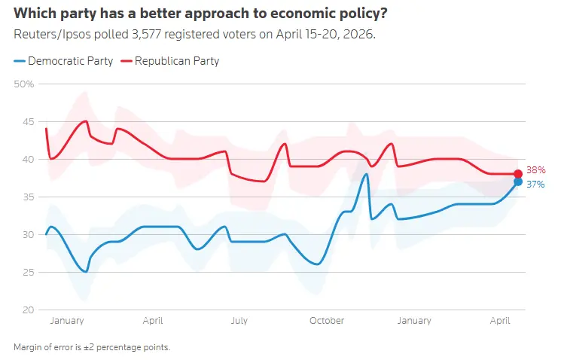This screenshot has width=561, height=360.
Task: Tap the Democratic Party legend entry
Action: pyautogui.click(x=63, y=61)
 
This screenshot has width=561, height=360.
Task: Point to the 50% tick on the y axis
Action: pyautogui.click(x=24, y=84)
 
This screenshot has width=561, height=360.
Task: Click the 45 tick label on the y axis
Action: pyautogui.click(x=26, y=121)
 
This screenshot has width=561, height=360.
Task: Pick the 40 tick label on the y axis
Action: pyautogui.click(x=26, y=159)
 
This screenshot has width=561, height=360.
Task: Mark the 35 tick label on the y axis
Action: pyautogui.click(x=26, y=197)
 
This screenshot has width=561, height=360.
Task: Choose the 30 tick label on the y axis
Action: pyautogui.click(x=26, y=234)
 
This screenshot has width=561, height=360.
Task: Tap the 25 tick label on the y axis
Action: pyautogui.click(x=26, y=272)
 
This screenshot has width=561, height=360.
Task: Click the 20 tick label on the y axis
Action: pyautogui.click(x=26, y=310)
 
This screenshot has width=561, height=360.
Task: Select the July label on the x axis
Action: pyautogui.click(x=239, y=321)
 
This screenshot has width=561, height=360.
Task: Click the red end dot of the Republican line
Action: pyautogui.click(x=518, y=174)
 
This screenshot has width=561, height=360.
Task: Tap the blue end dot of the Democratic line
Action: pyautogui.click(x=518, y=182)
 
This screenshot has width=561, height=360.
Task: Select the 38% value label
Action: pyautogui.click(x=535, y=170)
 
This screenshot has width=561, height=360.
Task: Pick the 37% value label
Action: pyautogui.click(x=535, y=184)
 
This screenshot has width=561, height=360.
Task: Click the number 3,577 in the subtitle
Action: pyautogui.click(x=132, y=35)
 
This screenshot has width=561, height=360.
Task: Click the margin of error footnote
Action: pyautogui.click(x=91, y=347)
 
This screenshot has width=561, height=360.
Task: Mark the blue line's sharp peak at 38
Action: pyautogui.click(x=366, y=174)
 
